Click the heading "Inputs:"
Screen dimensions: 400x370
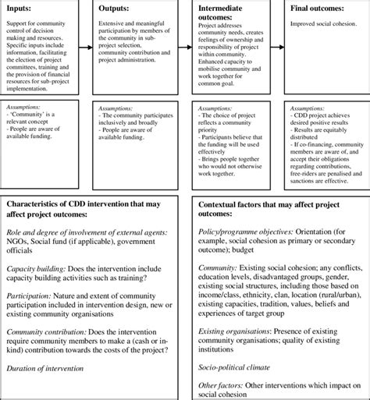(20, 9)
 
